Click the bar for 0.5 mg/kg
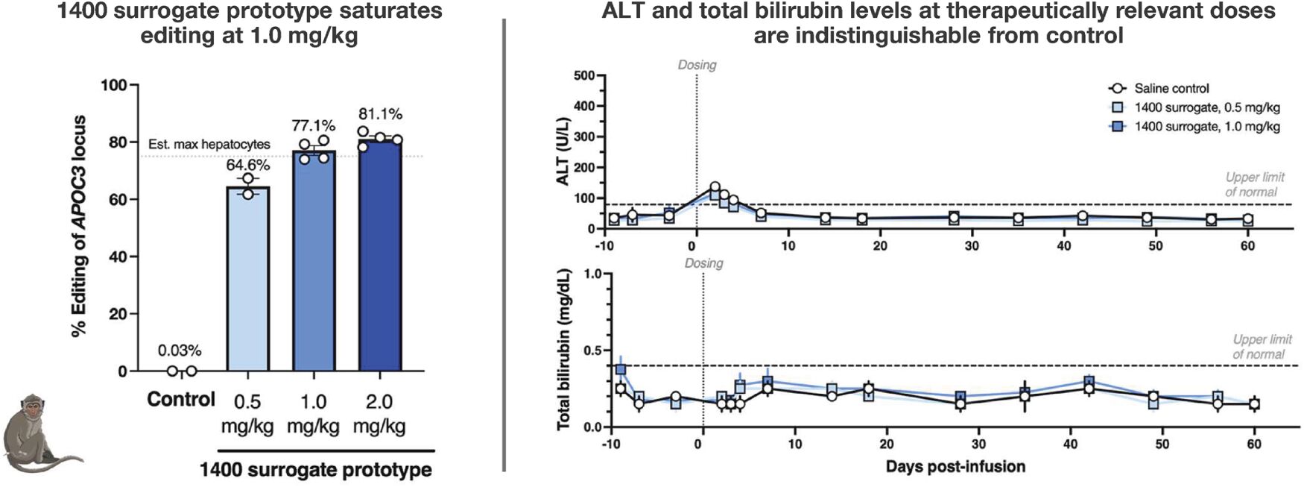pos(247,278)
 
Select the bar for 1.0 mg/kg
pos(314,260)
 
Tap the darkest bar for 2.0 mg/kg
pos(380,254)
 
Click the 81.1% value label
pos(380,114)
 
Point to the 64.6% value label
pos(248,164)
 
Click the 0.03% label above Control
pos(180,350)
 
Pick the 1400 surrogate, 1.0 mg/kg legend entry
pos(1194,127)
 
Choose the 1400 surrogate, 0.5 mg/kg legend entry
pos(1194,107)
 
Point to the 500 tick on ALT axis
pos(584,75)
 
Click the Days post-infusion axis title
pos(955,467)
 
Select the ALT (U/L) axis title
pos(563,154)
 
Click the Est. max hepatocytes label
pos(209,144)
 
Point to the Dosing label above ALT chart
pos(697,65)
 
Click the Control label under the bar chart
pos(181,400)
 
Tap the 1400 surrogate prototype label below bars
pos(316,470)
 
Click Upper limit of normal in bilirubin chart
pos(1262,347)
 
